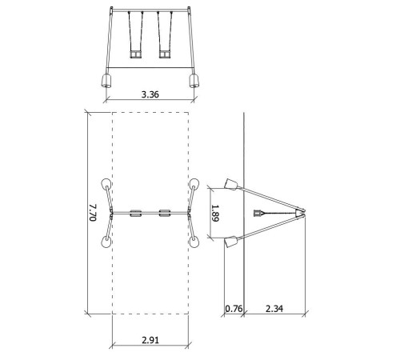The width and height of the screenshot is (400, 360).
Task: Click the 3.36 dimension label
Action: click(x=150, y=94)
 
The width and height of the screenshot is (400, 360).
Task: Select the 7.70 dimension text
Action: click(x=92, y=213)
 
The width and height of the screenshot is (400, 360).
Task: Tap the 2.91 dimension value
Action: click(x=150, y=340)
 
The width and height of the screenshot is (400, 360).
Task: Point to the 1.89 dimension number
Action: click(x=215, y=213)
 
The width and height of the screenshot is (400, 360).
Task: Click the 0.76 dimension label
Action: click(x=234, y=309)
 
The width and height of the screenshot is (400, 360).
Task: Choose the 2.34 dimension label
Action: click(x=274, y=309)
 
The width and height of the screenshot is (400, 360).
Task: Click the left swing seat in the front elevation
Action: click(x=136, y=54)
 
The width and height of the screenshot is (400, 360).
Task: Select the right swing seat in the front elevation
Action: click(x=165, y=54)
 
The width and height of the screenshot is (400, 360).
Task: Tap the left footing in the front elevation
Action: click(x=106, y=81)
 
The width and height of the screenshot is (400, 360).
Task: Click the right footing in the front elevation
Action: click(x=194, y=81)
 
